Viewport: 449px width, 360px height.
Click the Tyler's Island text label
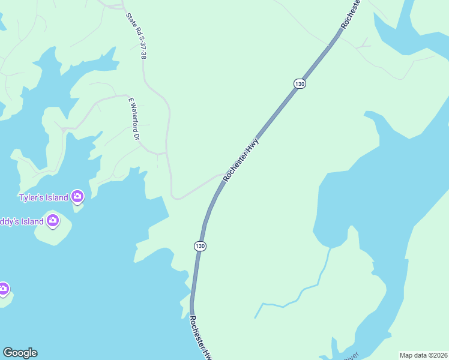[42, 197]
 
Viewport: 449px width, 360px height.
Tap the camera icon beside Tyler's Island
[77, 196]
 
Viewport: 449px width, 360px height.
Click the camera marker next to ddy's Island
[53, 221]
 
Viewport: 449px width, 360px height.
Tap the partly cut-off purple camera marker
[3, 289]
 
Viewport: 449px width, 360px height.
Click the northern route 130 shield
[300, 84]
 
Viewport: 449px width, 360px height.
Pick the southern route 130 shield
[200, 246]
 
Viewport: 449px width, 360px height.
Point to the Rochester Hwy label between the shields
[241, 160]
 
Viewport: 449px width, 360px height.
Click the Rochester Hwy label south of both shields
[201, 337]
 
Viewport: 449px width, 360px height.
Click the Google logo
[20, 353]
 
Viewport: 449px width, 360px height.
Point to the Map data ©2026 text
[423, 355]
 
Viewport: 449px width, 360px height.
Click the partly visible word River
[351, 356]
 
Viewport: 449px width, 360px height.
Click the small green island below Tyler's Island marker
[77, 208]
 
